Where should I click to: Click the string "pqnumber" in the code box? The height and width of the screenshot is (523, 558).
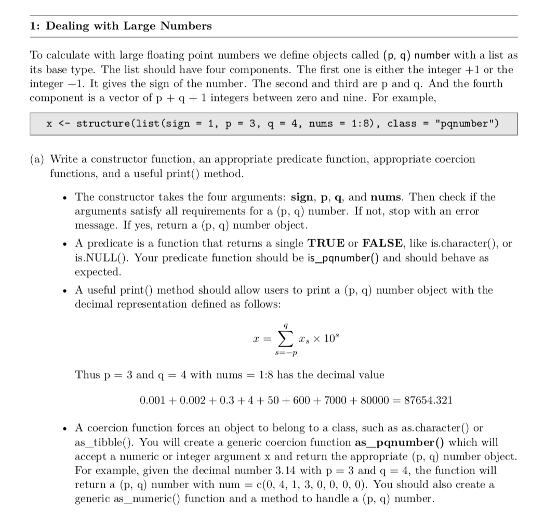pyautogui.click(x=467, y=124)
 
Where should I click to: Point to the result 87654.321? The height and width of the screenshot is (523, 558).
pyautogui.click(x=428, y=400)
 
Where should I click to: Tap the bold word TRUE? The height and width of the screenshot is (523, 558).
pyautogui.click(x=326, y=243)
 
